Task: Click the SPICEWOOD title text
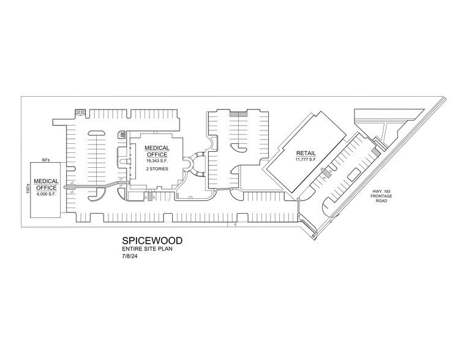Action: (x=152, y=241)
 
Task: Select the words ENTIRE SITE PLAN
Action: (x=147, y=249)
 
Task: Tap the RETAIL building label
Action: (x=306, y=153)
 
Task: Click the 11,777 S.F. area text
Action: (x=306, y=160)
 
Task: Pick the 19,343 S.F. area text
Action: (x=157, y=160)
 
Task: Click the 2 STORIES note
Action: (x=157, y=169)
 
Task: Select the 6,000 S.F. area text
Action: (x=47, y=193)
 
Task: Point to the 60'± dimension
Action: (x=45, y=160)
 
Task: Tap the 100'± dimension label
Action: (x=28, y=189)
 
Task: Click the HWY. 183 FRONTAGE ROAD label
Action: (x=381, y=196)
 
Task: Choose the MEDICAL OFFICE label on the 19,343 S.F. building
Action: (x=157, y=151)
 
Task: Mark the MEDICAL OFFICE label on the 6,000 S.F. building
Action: (x=47, y=184)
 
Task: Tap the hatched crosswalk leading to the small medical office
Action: (x=95, y=186)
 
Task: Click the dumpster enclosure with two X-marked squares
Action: (x=80, y=112)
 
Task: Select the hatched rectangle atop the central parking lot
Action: (x=238, y=114)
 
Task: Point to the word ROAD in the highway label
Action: (x=381, y=201)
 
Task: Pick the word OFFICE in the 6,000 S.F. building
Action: (x=47, y=188)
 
